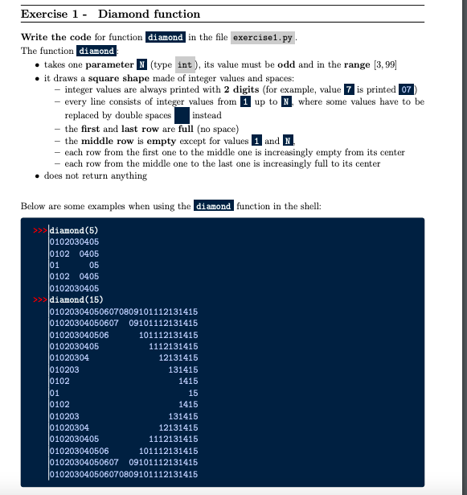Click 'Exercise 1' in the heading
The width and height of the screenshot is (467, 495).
click(x=48, y=14)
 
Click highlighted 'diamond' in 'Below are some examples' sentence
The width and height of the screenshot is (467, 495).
click(x=214, y=206)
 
